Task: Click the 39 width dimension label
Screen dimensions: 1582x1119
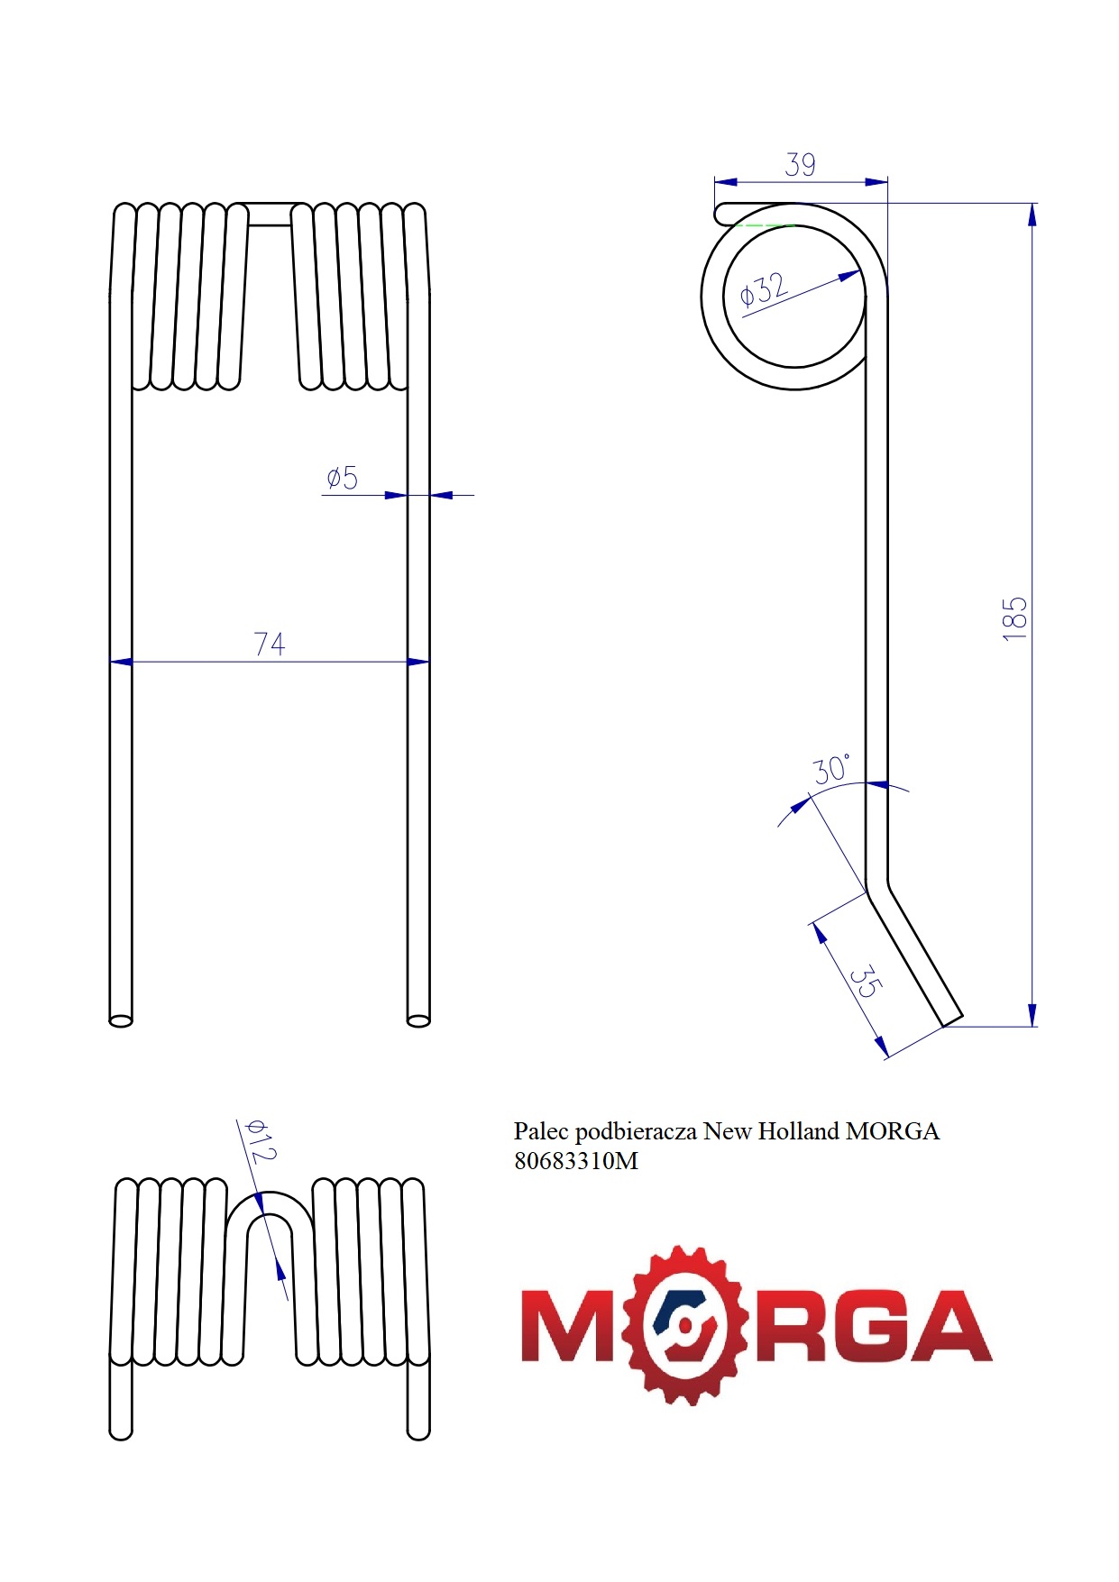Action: point(800,165)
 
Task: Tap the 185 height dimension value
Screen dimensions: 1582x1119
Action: point(1014,618)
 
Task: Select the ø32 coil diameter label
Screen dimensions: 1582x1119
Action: point(763,290)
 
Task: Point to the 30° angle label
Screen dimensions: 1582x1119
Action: point(830,770)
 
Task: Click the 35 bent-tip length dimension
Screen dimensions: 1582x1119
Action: point(863,982)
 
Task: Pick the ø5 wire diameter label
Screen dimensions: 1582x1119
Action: point(343,478)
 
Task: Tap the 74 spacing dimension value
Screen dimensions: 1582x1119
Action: point(270,644)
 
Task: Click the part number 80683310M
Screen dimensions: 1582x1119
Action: point(575,1161)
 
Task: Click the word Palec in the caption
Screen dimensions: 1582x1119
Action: point(541,1131)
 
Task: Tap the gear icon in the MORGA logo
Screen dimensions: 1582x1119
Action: point(689,1325)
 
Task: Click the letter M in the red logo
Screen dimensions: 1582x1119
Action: point(568,1325)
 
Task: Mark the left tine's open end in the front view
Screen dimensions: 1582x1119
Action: point(121,1020)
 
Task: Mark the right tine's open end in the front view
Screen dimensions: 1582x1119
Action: point(418,1020)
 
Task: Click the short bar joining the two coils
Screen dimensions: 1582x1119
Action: point(270,214)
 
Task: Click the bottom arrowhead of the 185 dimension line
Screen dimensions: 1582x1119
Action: point(1032,1014)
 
